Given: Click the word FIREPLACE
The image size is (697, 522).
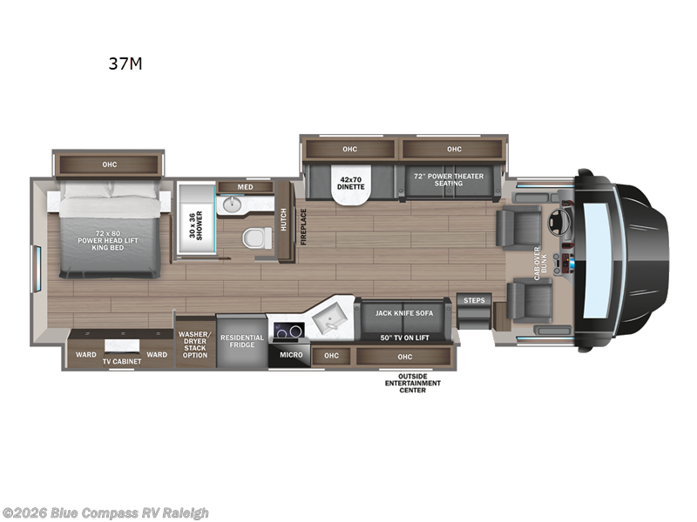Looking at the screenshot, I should pyautogui.click(x=304, y=226).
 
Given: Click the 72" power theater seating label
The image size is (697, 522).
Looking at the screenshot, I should pyautogui.click(x=448, y=180).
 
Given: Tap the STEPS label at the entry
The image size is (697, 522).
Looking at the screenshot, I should pyautogui.click(x=474, y=300).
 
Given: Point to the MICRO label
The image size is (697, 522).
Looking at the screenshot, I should pyautogui.click(x=291, y=355).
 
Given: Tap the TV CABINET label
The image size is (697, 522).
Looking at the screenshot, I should pyautogui.click(x=122, y=360).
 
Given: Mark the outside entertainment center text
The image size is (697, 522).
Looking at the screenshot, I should pyautogui.click(x=413, y=384).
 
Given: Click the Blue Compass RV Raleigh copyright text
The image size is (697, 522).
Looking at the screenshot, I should pyautogui.click(x=105, y=512).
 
